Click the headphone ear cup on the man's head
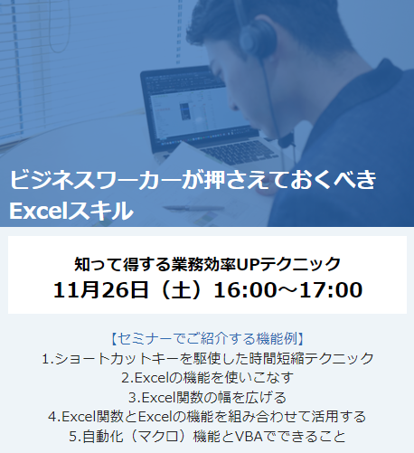(x=259, y=38)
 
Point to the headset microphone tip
(x=286, y=140)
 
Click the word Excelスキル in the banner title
(x=71, y=211)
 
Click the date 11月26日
(x=100, y=289)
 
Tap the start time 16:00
(x=245, y=289)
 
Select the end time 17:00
(x=331, y=289)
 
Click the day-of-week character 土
(x=181, y=289)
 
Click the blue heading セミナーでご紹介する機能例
(x=208, y=339)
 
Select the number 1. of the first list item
(x=48, y=359)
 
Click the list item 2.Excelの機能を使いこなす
(x=207, y=378)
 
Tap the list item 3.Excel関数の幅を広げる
(x=207, y=398)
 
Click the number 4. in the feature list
(x=54, y=417)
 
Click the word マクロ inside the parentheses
(x=157, y=437)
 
